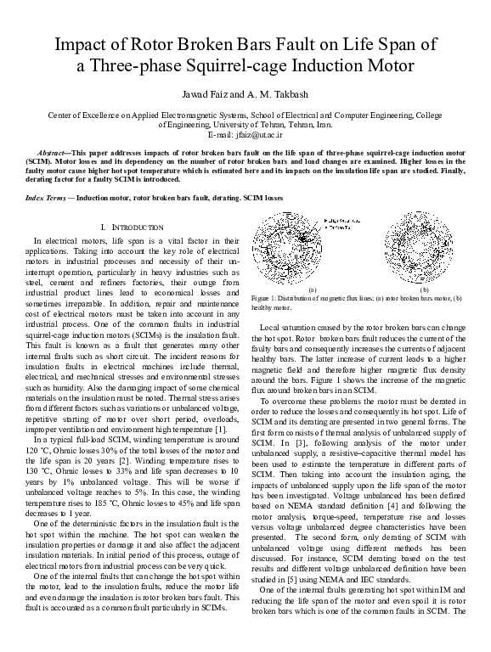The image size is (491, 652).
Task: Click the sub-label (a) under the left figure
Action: tap(312, 289)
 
